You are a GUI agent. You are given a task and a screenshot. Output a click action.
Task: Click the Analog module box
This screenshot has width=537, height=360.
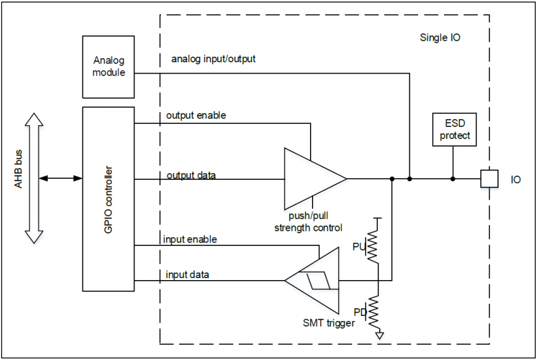pos(108,67)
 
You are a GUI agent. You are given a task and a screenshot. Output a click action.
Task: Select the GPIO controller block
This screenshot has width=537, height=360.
pos(108,200)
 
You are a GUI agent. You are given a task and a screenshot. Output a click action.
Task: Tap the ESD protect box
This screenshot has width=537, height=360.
pos(455,130)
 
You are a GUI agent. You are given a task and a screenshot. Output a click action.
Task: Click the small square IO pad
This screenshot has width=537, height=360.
pos(489,179)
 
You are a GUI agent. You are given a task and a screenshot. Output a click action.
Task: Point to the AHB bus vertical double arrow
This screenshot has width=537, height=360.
pos(34,178)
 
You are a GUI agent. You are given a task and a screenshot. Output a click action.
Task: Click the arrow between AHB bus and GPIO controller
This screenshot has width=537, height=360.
pos(60,178)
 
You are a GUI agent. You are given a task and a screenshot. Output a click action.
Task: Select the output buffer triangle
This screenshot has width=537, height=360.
pos(315,179)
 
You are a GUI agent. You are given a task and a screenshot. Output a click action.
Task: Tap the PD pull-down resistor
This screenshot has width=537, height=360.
pos(373,312)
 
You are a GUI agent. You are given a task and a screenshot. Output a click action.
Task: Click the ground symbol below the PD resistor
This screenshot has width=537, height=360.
pos(379,335)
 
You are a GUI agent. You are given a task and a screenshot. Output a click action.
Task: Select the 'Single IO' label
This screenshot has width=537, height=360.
pos(440,37)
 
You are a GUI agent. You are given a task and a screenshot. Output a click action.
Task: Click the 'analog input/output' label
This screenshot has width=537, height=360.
pos(213,59)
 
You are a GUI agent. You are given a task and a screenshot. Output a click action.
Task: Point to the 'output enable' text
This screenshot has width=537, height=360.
pos(196,116)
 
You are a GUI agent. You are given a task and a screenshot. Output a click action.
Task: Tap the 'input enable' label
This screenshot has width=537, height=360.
pos(190,239)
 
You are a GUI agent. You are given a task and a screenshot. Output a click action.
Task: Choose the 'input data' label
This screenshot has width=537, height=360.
pos(187,274)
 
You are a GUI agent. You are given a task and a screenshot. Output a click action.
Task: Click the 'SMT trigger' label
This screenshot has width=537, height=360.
pos(329,323)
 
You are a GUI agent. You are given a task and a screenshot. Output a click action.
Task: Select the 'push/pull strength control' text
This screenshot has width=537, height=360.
pos(308,222)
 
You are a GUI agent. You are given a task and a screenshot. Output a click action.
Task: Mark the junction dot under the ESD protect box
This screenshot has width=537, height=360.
pos(453,179)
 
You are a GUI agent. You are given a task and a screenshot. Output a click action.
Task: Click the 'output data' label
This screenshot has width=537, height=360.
pos(191,176)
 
